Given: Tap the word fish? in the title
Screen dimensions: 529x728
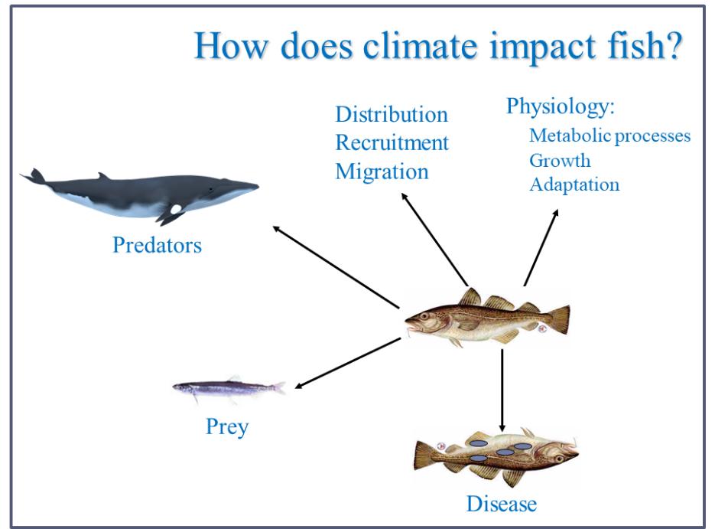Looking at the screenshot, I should point(644,48).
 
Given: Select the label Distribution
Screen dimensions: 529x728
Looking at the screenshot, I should point(392,116).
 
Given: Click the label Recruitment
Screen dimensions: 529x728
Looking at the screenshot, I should point(392,143).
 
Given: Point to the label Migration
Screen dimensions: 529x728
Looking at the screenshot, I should point(382,171).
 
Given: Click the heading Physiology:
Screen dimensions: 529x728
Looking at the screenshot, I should point(561,106).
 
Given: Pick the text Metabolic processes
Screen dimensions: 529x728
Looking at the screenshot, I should point(610,136).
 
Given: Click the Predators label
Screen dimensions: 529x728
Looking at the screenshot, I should point(157,246).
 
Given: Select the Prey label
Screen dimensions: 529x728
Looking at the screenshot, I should point(228,425).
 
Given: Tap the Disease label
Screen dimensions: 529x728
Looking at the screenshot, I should point(501,503).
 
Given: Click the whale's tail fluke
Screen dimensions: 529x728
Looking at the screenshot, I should point(35,177).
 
